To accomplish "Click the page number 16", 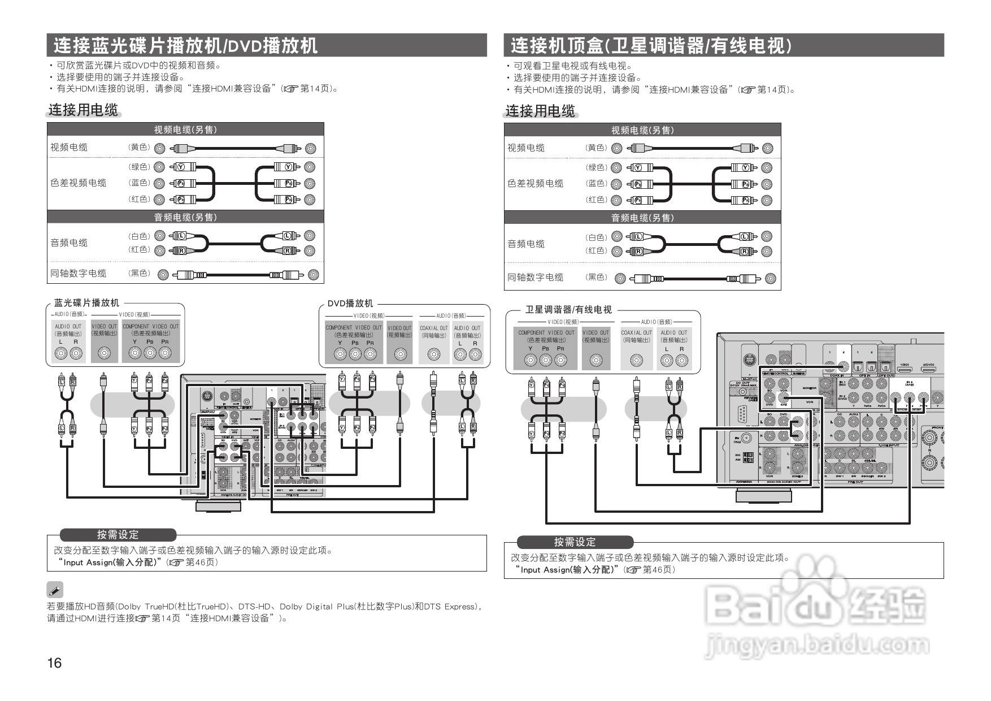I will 55,663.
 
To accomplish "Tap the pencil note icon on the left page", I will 55,590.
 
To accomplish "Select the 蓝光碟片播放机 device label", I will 86,303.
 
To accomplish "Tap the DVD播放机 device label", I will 350,304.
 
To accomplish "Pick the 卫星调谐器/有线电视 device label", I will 568,310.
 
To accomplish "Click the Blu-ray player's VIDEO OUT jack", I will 104,353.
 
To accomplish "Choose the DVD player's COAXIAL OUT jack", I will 433,354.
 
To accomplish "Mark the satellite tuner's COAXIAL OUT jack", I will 636,360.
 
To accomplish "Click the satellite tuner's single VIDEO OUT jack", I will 596,360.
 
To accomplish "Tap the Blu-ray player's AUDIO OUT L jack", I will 60,353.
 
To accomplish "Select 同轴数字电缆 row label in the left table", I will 79,274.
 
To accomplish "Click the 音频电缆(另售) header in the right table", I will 642,218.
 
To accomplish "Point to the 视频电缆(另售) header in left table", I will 185,129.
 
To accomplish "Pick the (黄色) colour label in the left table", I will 138,148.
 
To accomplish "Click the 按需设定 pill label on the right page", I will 575,542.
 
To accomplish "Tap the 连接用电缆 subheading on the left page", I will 83,110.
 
